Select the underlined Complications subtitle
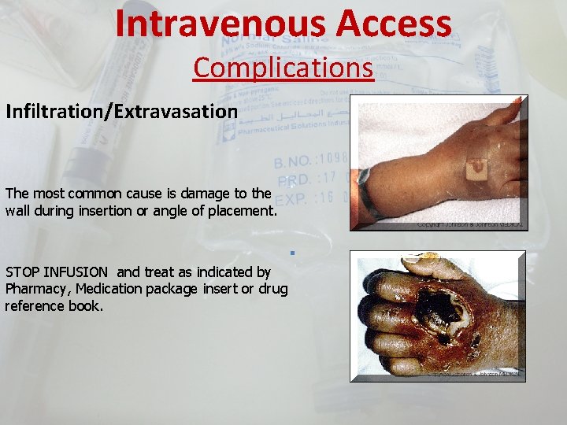pyautogui.click(x=283, y=68)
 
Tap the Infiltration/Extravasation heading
pyautogui.click(x=121, y=111)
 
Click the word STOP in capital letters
pyautogui.click(x=24, y=272)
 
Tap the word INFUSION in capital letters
pyautogui.click(x=78, y=272)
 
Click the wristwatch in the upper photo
pyautogui.click(x=365, y=193)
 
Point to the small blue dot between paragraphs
pyautogui.click(x=291, y=253)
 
